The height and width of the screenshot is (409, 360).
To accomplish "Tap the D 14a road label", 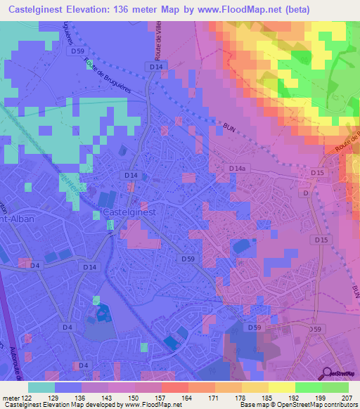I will [x=237, y=169].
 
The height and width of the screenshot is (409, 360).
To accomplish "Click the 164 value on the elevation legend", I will [x=167, y=398].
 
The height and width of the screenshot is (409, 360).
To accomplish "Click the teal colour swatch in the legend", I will [x=41, y=387].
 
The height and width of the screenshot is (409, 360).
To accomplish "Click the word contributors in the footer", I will [x=340, y=405].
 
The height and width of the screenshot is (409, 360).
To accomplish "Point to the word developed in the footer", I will [x=106, y=405].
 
